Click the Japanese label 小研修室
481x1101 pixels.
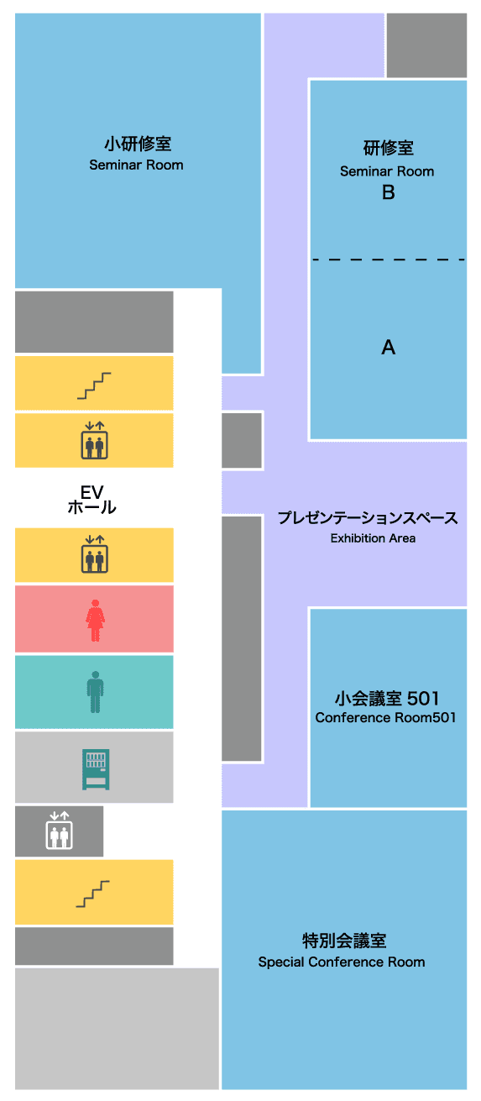pos(138,144)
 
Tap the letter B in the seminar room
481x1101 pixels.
pos(388,192)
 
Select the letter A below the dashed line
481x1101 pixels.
pos(388,347)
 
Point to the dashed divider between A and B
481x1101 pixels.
pos(388,260)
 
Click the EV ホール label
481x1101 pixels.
pos(91,500)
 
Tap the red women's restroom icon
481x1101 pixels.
pos(96,621)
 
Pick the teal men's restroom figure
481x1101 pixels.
pos(96,691)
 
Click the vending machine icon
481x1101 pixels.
pos(96,769)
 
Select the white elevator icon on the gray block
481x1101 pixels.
pos(60,831)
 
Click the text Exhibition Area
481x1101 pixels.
pos(373,538)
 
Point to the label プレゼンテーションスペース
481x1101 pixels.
pos(368,517)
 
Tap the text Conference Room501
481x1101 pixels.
pos(385,717)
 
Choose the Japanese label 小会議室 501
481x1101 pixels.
pos(387,698)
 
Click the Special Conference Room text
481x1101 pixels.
pos(342,962)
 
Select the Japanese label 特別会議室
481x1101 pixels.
pos(344,941)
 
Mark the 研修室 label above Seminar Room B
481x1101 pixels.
pos(388,148)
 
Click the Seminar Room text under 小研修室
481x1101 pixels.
pos(136,165)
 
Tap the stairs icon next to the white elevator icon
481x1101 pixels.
pos(93,894)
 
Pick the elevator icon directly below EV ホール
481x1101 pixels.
pos(95,554)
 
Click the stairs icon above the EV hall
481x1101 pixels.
pos(94,385)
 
